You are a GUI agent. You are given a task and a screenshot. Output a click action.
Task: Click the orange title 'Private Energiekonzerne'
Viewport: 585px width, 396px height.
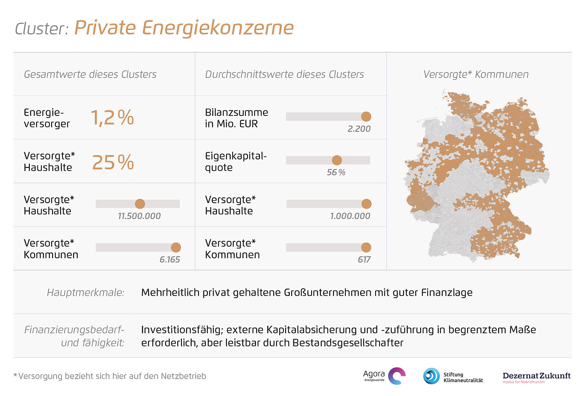point(184,28)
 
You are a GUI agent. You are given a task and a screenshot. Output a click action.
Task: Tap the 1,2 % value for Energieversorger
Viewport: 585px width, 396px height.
point(112,118)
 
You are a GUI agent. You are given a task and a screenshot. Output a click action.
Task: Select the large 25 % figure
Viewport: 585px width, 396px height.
point(113,162)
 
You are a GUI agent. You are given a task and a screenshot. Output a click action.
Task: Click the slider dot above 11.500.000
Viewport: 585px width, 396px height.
point(140,204)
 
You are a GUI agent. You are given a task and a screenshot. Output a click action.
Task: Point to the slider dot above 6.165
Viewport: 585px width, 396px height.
point(176,248)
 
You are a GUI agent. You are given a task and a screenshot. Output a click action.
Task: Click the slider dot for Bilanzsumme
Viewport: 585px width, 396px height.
point(366,116)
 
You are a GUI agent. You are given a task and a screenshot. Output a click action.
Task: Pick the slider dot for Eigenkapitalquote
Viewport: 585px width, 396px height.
point(337,160)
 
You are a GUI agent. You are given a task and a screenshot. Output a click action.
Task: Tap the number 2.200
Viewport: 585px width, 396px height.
point(359,129)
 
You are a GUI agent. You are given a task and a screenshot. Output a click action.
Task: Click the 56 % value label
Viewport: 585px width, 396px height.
point(336,172)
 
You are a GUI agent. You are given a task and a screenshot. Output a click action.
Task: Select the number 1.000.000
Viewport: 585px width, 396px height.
point(350,216)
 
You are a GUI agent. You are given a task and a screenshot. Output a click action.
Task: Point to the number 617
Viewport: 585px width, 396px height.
point(364,260)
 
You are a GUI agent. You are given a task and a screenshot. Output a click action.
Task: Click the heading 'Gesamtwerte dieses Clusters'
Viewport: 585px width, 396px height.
point(90,75)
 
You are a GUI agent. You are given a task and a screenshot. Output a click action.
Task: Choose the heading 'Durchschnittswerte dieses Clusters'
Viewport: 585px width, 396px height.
point(284,75)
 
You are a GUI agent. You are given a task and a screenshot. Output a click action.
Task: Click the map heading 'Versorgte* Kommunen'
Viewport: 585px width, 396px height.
point(476,75)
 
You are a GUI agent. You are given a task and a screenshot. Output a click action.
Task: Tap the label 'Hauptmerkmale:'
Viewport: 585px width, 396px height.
point(86,293)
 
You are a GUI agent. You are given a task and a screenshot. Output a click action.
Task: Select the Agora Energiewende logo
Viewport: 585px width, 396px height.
point(385,376)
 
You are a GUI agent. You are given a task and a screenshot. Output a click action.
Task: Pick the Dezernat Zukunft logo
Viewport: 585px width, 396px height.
point(536,377)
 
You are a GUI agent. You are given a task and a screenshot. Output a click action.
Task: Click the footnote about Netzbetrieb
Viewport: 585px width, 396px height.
point(110,377)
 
